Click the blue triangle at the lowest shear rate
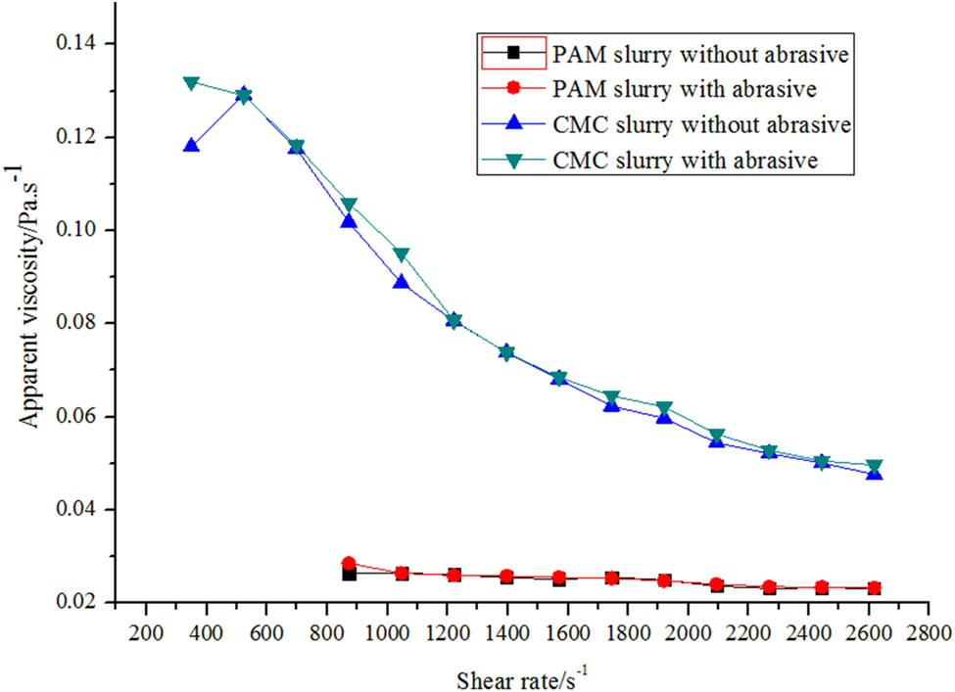coord(191,146)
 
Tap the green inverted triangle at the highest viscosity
coord(191,82)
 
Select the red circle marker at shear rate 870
coord(349,564)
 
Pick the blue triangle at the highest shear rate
coord(874,473)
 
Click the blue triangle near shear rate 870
coord(349,221)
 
